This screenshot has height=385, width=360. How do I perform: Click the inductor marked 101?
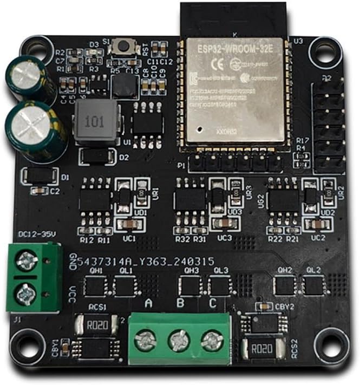[x=96, y=121]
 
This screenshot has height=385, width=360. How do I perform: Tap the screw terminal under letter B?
[x=180, y=341]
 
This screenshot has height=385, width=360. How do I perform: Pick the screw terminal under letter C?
[x=212, y=340]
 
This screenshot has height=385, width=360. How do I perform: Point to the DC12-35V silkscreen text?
[x=37, y=234]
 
